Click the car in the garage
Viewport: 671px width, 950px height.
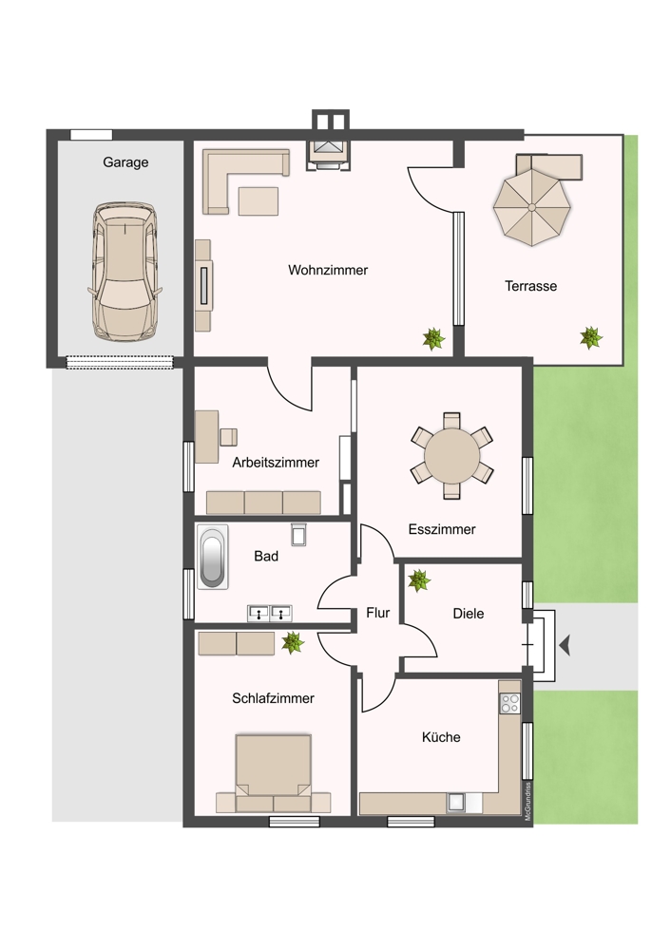point(125,272)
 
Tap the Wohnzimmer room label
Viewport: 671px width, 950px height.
point(328,271)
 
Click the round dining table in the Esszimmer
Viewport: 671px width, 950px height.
point(452,455)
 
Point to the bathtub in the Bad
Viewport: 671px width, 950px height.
point(210,556)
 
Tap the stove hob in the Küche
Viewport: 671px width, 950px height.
point(509,704)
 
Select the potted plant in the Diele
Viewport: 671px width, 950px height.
point(418,579)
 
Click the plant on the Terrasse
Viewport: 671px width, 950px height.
point(591,336)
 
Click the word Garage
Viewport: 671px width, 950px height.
point(125,162)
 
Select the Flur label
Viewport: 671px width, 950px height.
point(378,614)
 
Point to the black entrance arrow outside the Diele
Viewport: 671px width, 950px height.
point(566,646)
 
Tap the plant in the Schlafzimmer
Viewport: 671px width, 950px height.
point(292,643)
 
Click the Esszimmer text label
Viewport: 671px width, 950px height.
point(442,530)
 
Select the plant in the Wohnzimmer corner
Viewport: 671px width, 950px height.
point(434,338)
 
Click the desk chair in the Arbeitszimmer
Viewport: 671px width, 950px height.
point(228,436)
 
